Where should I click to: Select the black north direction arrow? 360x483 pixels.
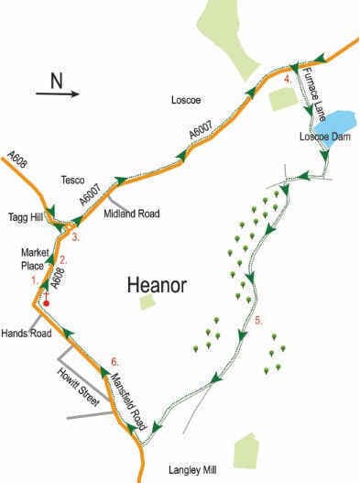[58, 93]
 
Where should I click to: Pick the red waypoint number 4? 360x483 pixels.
[289, 79]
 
